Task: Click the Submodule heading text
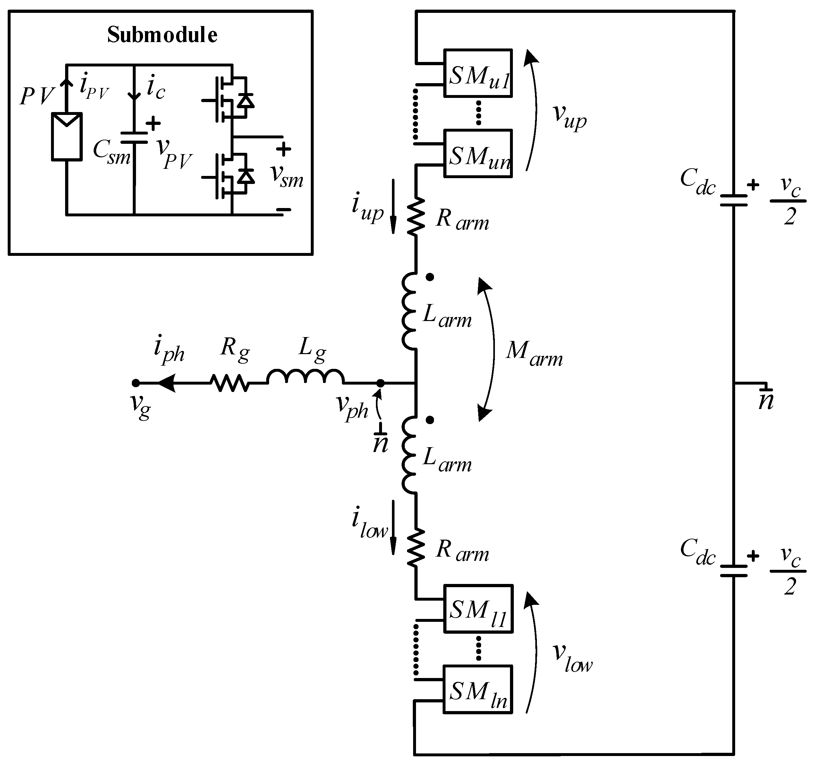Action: (162, 35)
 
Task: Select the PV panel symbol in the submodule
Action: (66, 137)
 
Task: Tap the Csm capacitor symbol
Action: (134, 137)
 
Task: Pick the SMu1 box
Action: (478, 74)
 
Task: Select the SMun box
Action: (478, 153)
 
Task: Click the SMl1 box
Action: (478, 609)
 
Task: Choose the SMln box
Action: (478, 690)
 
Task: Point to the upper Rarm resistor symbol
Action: (416, 217)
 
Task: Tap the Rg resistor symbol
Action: (230, 383)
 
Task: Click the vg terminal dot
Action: (136, 383)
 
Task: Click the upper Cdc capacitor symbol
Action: (734, 200)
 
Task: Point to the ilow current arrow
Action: (393, 527)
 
